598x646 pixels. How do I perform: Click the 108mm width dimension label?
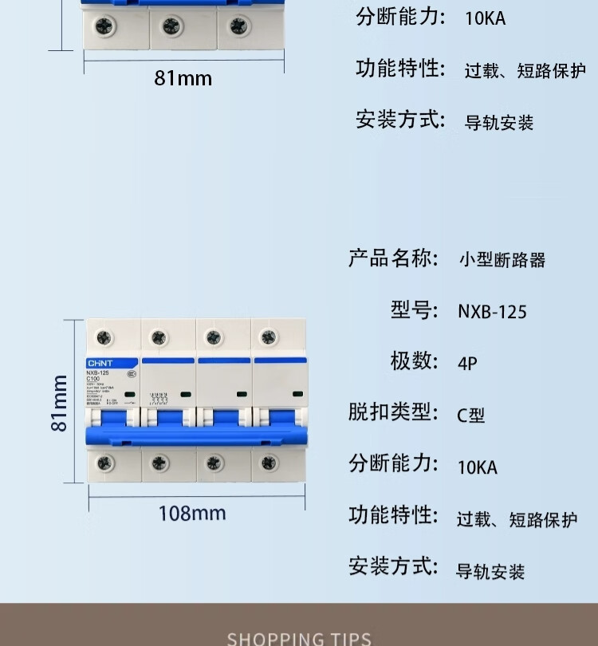pyautogui.click(x=192, y=513)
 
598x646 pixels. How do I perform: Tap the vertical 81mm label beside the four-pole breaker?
pyautogui.click(x=59, y=403)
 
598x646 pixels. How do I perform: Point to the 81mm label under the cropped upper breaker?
pyautogui.click(x=183, y=78)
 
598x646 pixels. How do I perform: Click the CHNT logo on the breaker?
pyautogui.click(x=100, y=363)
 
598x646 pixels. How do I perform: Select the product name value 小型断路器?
pyautogui.click(x=502, y=260)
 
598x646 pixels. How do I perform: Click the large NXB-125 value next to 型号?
pyautogui.click(x=492, y=311)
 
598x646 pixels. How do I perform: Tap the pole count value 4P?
pyautogui.click(x=467, y=363)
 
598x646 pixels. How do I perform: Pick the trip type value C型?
pyautogui.click(x=470, y=415)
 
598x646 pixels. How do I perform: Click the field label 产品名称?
pyautogui.click(x=393, y=258)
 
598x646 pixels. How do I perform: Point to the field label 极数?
pyautogui.click(x=414, y=360)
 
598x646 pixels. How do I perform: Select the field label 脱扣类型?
pyautogui.click(x=393, y=412)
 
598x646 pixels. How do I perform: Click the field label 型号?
pyautogui.click(x=414, y=309)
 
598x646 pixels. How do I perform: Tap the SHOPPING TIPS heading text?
pyautogui.click(x=299, y=638)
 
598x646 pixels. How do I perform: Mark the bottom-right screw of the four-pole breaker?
pyautogui.click(x=268, y=463)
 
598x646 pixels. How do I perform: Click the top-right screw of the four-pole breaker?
pyautogui.click(x=268, y=337)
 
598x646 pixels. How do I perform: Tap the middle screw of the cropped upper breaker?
pyautogui.click(x=172, y=27)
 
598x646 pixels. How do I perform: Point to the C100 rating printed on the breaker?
pyautogui.click(x=92, y=379)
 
